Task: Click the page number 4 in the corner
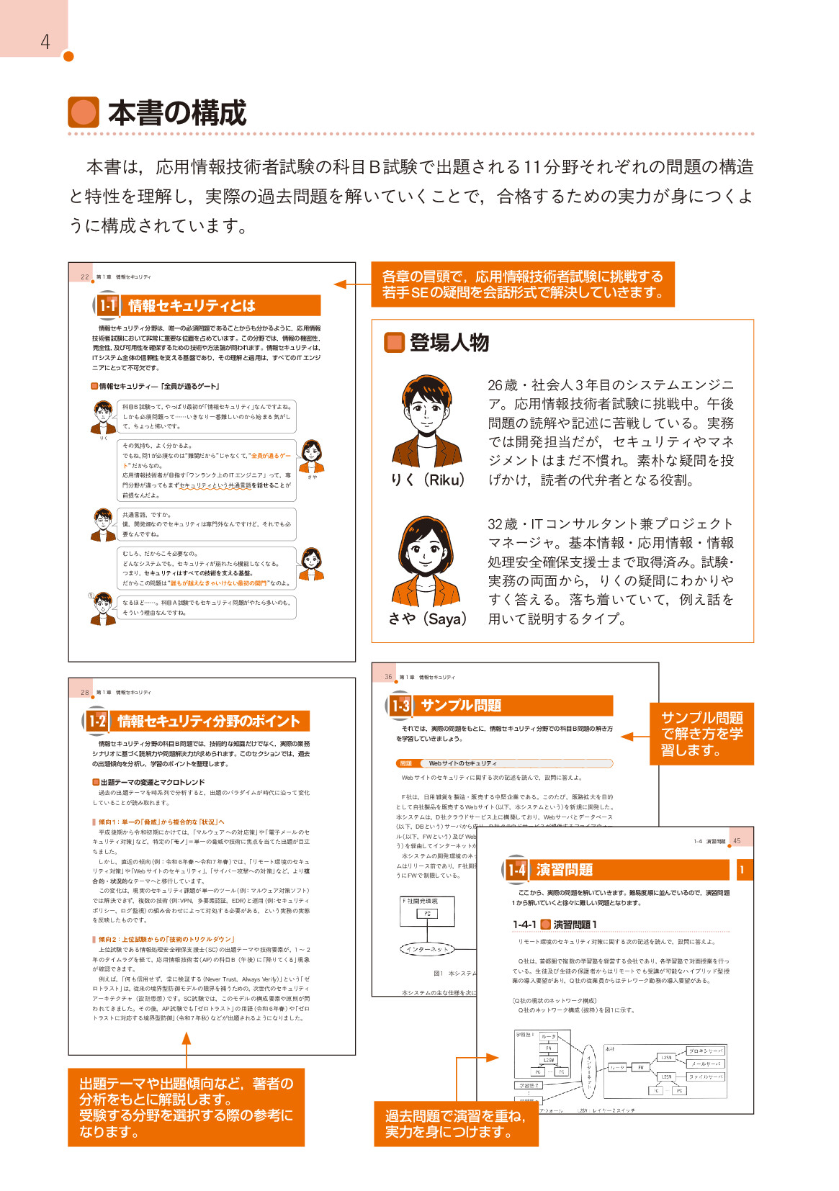coord(45,42)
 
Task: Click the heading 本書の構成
coord(177,113)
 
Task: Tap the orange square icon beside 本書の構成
coord(84,112)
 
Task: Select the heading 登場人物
coord(449,343)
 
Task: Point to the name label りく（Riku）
coord(427,480)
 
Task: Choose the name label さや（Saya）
coord(427,619)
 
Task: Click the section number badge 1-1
coord(107,305)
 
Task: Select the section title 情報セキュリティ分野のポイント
coord(209,721)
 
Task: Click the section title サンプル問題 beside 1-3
coord(461,706)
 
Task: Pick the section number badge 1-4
coord(516,870)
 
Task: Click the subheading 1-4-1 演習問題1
coord(555,925)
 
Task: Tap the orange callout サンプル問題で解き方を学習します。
coord(702,734)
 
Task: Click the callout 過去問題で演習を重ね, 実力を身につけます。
coord(456,1124)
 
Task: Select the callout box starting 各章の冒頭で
coord(523,284)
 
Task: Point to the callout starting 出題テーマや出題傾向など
coord(187,1107)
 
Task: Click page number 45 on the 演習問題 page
coord(737,841)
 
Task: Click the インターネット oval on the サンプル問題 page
coord(427,949)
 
